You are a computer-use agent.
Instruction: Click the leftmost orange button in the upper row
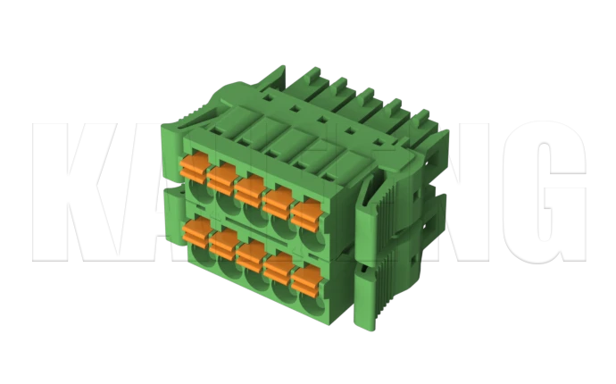click(x=194, y=165)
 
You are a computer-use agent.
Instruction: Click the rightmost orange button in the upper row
click(x=305, y=213)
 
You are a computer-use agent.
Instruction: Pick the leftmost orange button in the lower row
click(x=194, y=231)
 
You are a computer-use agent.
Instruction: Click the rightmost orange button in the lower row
click(x=306, y=278)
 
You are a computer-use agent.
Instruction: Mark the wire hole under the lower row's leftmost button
click(x=197, y=256)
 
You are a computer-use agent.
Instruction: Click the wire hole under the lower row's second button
click(x=225, y=266)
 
